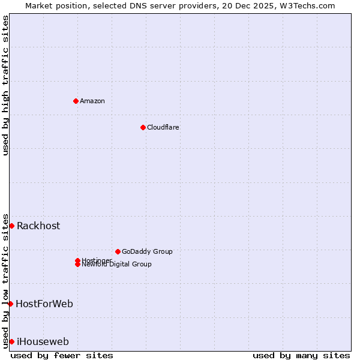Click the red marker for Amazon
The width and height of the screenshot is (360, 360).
76,101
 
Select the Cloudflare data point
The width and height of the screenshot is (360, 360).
143,127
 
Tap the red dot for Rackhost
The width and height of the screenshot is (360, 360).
11,226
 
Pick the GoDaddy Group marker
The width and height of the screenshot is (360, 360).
118,251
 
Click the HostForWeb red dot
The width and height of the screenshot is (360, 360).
10,304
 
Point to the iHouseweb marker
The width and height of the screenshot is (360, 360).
11,341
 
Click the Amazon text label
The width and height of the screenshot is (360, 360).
92,101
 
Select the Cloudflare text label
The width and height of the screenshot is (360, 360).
163,127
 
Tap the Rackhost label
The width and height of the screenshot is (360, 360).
38,226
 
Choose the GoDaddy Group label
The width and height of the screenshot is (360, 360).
147,251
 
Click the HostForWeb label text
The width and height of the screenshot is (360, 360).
44,304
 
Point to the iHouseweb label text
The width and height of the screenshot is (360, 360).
43,341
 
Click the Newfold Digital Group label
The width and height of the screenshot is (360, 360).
116,264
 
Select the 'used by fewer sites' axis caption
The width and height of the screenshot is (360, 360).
62,355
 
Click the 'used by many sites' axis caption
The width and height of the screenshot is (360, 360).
301,355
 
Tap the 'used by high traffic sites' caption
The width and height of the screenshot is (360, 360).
5,85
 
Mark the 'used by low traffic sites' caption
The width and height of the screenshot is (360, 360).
5,280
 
